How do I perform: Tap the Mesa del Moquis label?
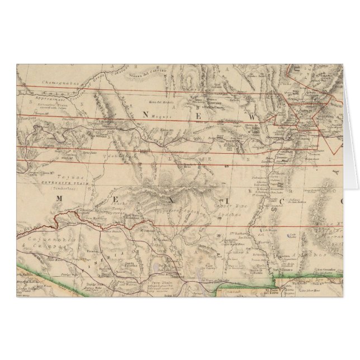(x=159, y=101)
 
